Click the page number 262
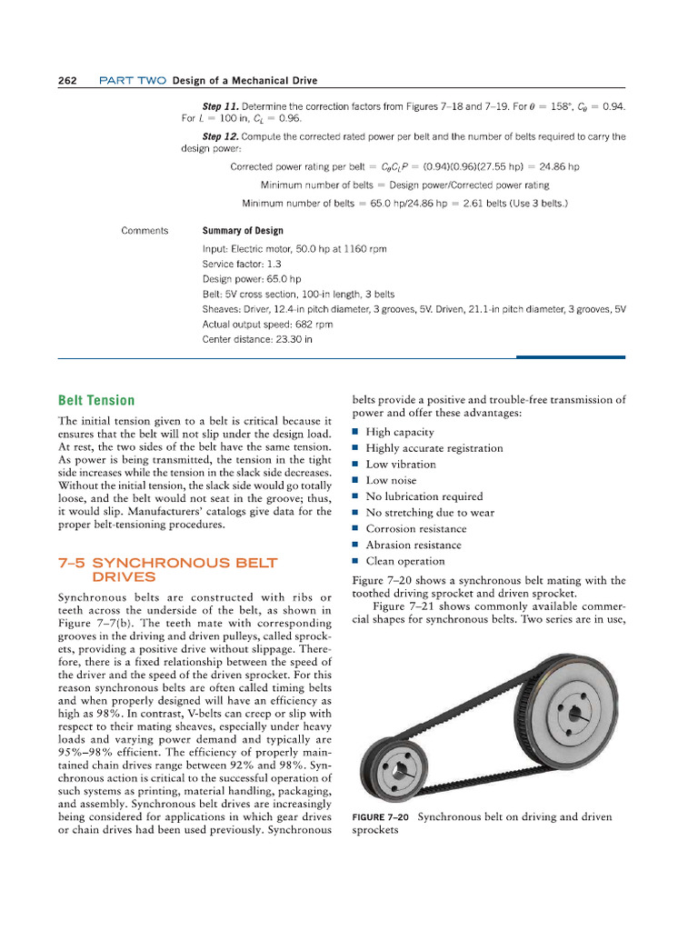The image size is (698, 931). [x=66, y=80]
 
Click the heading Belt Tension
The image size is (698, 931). [x=96, y=400]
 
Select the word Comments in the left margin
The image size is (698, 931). [x=145, y=231]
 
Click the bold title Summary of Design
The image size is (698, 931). [x=241, y=231]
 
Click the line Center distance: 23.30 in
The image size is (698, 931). [x=257, y=339]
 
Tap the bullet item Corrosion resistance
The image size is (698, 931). [x=415, y=529]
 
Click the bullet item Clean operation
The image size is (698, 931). [x=405, y=561]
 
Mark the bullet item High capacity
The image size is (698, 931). [x=400, y=432]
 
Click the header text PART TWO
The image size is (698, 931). [x=133, y=80]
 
